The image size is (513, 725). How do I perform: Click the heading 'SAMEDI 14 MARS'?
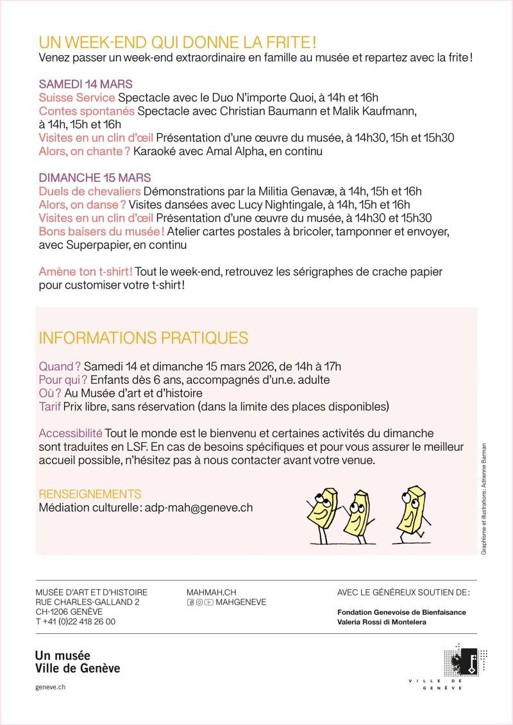click(86, 85)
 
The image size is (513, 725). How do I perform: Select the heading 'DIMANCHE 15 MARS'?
click(95, 178)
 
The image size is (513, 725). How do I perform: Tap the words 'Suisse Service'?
click(77, 97)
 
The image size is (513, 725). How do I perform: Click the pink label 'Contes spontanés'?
click(87, 111)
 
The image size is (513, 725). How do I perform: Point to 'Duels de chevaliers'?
click(90, 191)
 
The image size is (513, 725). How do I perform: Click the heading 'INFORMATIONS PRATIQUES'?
click(144, 337)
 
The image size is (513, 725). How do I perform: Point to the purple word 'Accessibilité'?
click(71, 433)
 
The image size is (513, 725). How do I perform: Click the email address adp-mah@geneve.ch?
click(199, 507)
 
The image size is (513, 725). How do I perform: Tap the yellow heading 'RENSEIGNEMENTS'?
click(90, 494)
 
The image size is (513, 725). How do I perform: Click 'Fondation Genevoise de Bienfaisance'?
click(401, 612)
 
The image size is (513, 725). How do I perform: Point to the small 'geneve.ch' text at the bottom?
click(51, 687)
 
